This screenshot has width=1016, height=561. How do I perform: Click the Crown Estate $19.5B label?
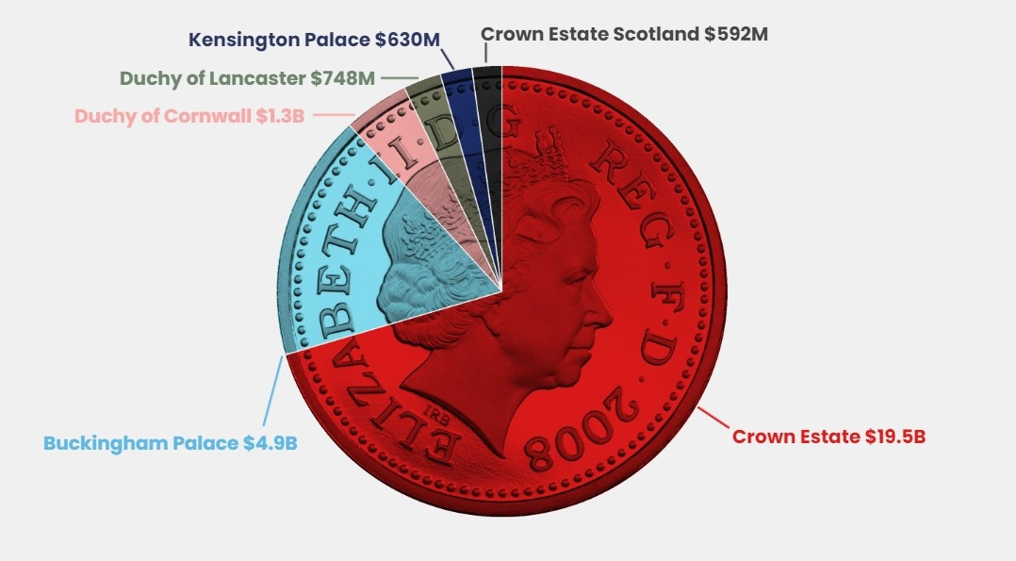click(x=828, y=437)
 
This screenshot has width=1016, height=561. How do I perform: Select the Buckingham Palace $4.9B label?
click(x=171, y=442)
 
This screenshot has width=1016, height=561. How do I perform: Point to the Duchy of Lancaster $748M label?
click(x=248, y=79)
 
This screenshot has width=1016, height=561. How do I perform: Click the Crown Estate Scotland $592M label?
click(x=624, y=35)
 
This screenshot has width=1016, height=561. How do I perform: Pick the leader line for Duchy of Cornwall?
click(x=330, y=116)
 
